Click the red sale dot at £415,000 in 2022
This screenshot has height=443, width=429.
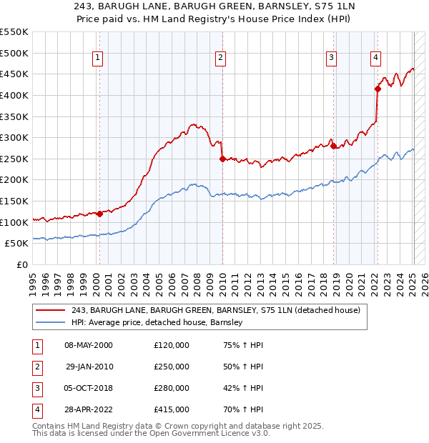tap(378, 89)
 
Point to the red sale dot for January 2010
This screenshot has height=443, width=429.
tap(222, 159)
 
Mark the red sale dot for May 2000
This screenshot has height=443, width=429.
tap(99, 214)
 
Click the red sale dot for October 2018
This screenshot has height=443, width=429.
tap(334, 146)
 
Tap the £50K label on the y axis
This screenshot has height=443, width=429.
tap(17, 244)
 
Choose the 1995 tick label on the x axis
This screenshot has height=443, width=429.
tap(33, 284)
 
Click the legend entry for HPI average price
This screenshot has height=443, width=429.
tap(157, 323)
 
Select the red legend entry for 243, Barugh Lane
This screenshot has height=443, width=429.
tap(214, 310)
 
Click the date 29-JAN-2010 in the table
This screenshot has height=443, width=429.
tap(89, 367)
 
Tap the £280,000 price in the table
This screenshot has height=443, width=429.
tap(172, 388)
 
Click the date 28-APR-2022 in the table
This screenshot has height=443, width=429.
tap(89, 409)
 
